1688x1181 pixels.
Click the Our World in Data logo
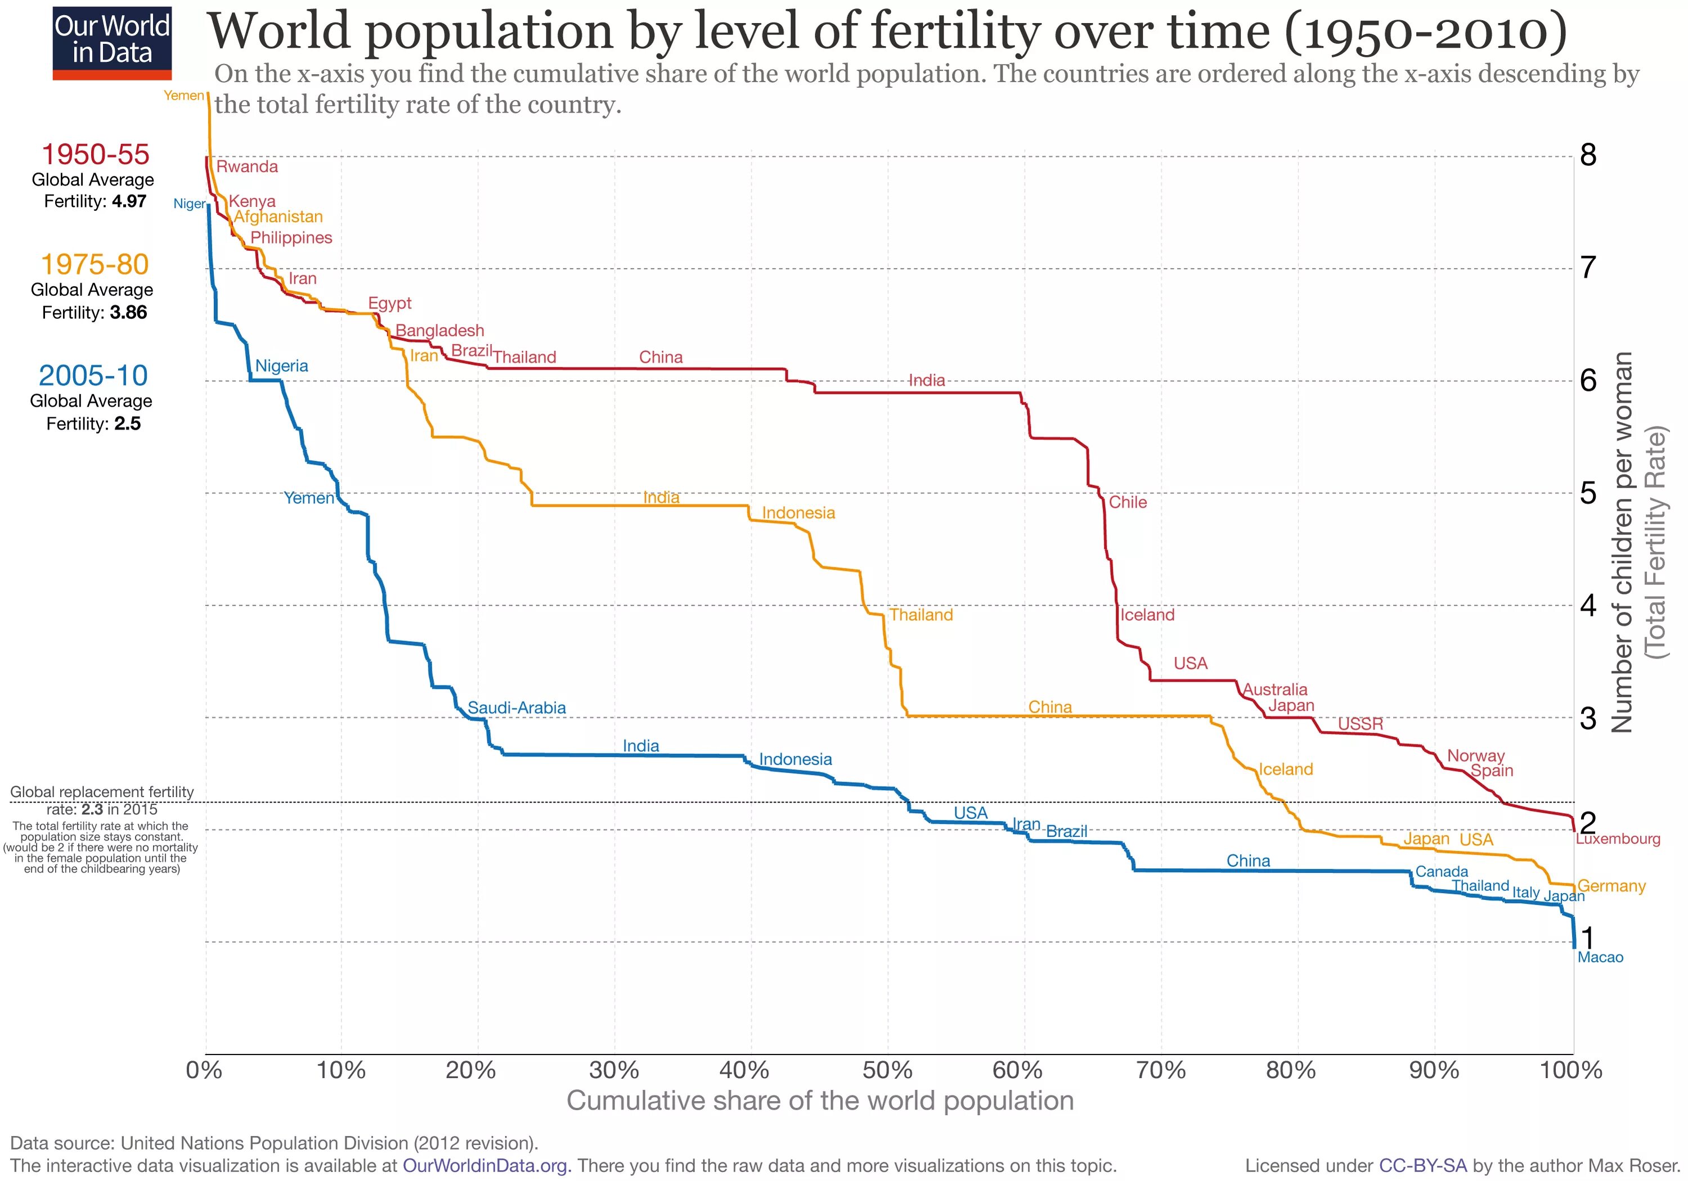[x=113, y=43]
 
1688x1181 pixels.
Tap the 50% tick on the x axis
[x=887, y=1070]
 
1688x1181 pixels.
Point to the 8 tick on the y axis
[x=1588, y=155]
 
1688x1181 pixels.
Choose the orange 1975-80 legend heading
[x=95, y=264]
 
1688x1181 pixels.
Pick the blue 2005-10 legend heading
[x=93, y=376]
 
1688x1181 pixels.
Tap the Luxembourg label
[x=1618, y=839]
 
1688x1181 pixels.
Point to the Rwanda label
[x=247, y=167]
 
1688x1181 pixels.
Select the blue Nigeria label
[x=281, y=366]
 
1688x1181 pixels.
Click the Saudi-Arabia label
[x=517, y=707]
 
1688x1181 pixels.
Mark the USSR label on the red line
[x=1360, y=724]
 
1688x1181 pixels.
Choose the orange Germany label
[x=1611, y=886]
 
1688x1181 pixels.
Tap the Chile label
[x=1128, y=502]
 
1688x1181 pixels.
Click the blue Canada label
[x=1442, y=872]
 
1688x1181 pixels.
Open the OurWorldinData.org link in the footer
[x=484, y=1166]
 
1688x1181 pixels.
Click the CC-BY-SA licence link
[x=1422, y=1166]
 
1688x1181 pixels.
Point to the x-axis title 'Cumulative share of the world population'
[x=820, y=1101]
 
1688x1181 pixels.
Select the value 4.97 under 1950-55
[x=129, y=201]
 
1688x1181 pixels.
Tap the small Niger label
[x=189, y=204]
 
